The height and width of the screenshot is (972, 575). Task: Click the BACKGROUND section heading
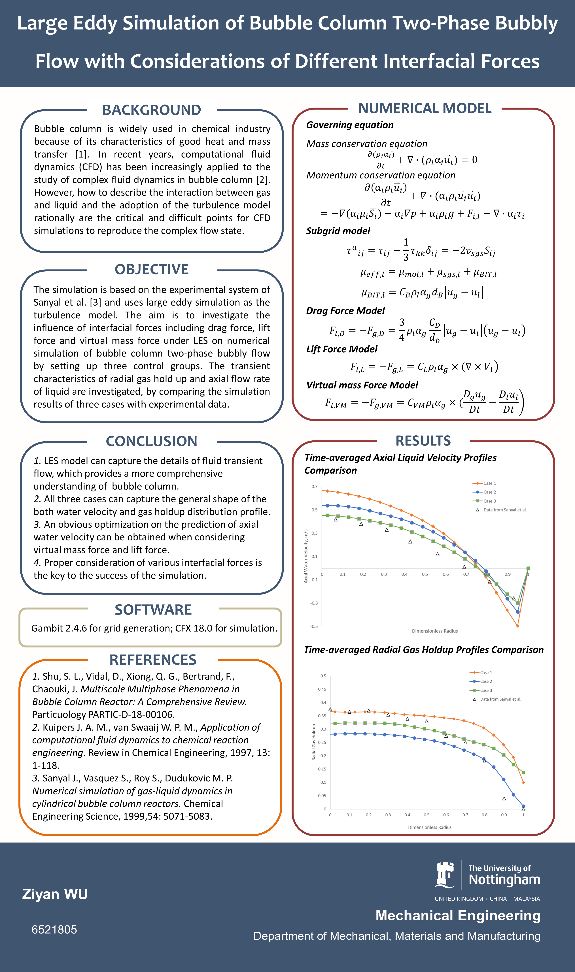point(152,110)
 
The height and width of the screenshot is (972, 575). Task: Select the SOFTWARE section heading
point(153,609)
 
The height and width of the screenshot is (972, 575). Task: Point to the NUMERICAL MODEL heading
point(425,108)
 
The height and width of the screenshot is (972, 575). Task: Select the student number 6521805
point(54,929)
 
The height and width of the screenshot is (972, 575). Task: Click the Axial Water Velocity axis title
point(306,556)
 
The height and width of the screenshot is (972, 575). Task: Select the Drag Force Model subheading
point(345,311)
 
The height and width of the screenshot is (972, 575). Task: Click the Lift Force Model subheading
point(341,349)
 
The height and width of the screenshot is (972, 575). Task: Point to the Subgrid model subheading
point(338,231)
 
